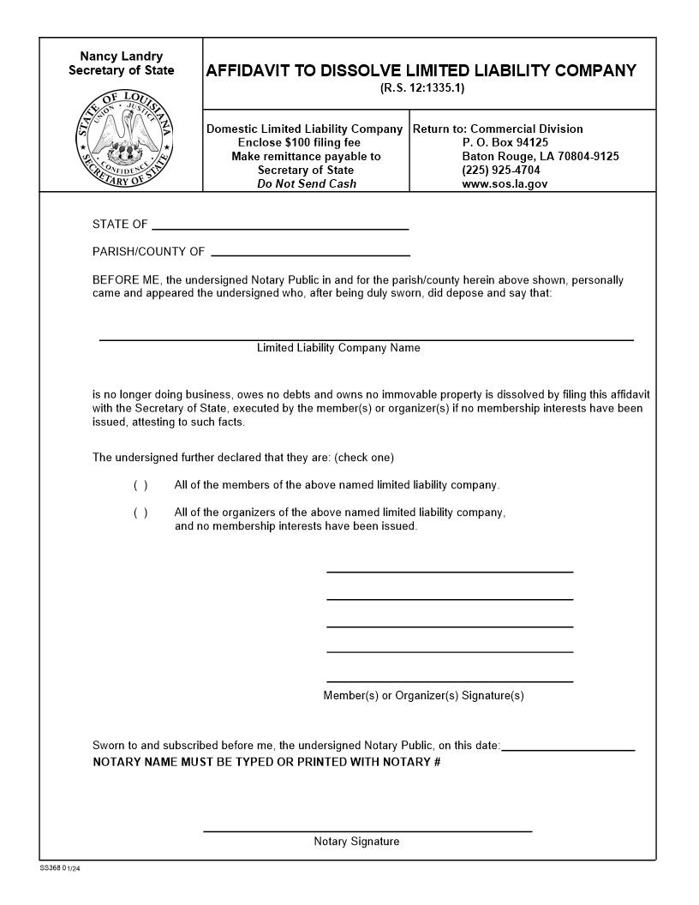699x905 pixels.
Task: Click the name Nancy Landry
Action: tap(121, 57)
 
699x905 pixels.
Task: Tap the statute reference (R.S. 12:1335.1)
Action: tap(421, 88)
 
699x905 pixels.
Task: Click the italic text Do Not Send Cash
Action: tap(307, 183)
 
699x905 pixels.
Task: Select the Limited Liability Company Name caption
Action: tap(338, 348)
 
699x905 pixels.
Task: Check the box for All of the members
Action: tap(140, 485)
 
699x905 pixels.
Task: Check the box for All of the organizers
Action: tap(140, 512)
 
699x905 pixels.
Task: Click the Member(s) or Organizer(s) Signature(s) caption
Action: tap(423, 695)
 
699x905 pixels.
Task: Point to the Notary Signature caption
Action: tap(356, 842)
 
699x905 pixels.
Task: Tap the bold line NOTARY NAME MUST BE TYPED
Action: tap(266, 761)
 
